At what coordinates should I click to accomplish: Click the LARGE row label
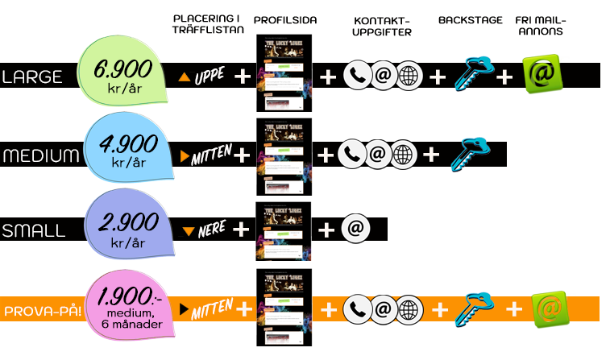(33, 77)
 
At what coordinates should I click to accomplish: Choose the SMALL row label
(33, 231)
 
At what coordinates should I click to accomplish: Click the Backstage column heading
(471, 20)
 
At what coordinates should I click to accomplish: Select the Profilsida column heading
(284, 20)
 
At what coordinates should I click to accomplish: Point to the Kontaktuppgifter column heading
(382, 25)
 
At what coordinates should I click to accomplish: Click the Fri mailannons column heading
(541, 25)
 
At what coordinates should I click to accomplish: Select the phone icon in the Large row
(356, 76)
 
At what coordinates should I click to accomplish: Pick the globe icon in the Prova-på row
(410, 309)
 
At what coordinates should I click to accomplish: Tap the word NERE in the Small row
(211, 230)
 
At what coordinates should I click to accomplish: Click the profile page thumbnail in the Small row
(284, 230)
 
